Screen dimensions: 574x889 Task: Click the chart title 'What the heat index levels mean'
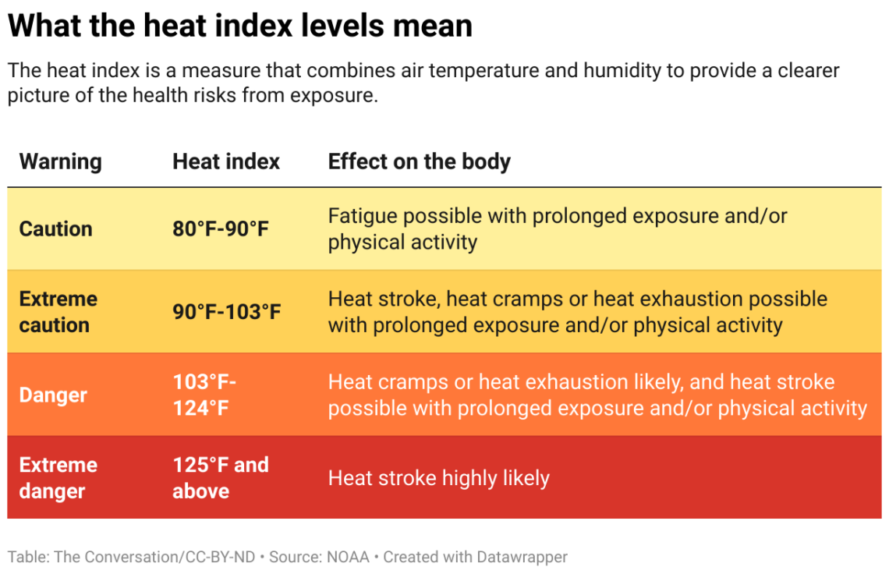coord(239,26)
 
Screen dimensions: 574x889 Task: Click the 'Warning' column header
coord(60,161)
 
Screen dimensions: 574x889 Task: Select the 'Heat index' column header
coord(226,161)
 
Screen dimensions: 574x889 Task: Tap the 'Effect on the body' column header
coord(419,161)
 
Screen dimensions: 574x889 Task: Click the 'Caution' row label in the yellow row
coord(55,229)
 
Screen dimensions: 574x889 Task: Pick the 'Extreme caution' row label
coord(58,312)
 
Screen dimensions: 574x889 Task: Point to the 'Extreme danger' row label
coord(58,477)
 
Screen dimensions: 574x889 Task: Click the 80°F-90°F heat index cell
coord(221,229)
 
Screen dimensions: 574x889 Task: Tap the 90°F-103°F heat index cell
coord(226,312)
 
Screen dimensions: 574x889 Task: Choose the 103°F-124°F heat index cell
coord(204,395)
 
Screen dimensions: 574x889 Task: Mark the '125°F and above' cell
coord(220,477)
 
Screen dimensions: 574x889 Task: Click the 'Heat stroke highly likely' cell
coord(438,478)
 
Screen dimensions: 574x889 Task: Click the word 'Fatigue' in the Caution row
coord(362,216)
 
